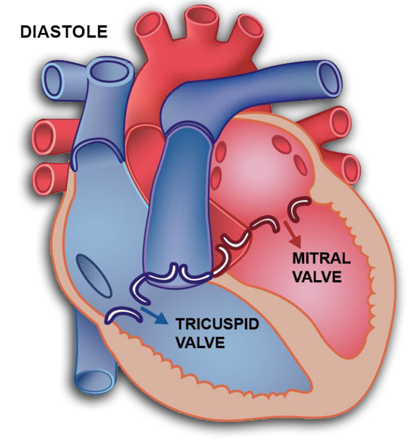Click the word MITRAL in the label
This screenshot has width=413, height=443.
(322, 259)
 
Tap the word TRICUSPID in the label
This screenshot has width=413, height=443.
(211, 324)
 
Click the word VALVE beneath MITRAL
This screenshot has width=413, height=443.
(317, 276)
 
